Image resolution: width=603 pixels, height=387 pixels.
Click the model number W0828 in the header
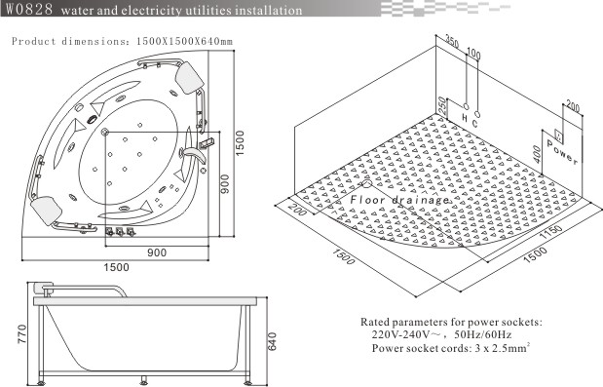coord(29,9)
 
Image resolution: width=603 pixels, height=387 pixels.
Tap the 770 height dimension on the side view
coord(22,334)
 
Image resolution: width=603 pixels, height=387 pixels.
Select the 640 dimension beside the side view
coord(272,341)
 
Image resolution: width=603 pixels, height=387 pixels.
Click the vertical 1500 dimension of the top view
coord(240,143)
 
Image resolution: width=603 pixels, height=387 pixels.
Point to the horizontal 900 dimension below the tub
coord(157,252)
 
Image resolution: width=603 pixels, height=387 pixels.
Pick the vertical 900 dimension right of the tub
coord(225,184)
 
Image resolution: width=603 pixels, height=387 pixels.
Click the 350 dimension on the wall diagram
coord(452,40)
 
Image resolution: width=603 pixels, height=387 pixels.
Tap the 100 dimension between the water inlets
coord(473,54)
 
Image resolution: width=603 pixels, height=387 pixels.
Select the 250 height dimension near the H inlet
coord(442,106)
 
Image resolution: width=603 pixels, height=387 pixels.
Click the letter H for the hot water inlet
coord(465,117)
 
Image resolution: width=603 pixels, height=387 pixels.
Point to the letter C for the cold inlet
coord(475,123)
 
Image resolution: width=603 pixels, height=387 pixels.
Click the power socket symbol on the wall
coord(558,135)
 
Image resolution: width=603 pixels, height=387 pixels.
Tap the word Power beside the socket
coord(562,152)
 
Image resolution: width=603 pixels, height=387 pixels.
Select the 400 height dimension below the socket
coord(538,154)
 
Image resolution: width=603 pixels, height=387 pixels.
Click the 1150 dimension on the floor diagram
coord(550,232)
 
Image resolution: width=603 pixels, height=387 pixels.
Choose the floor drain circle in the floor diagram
coord(366,184)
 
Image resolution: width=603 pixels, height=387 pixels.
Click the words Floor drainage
coord(399,200)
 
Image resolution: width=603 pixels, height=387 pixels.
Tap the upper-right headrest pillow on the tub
coord(189,77)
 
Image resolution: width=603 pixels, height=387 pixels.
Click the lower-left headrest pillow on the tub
coord(47,210)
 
